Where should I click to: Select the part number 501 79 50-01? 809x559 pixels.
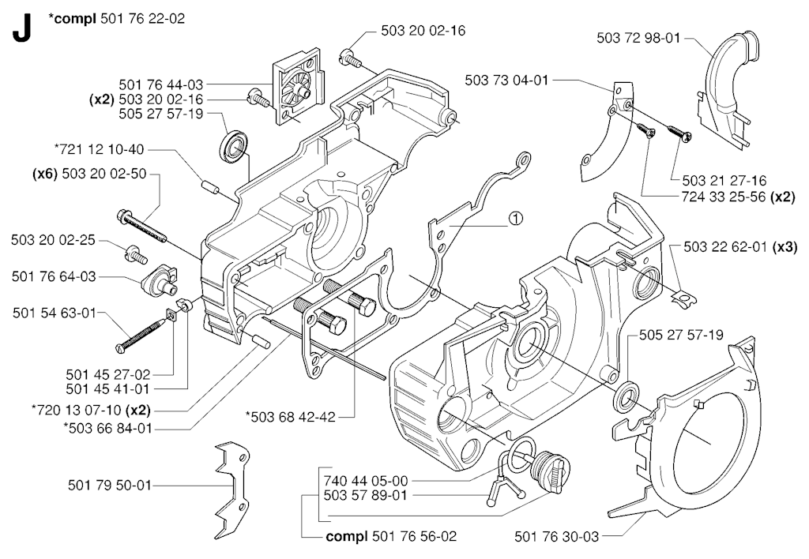109,485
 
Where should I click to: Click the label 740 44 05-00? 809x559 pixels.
365,479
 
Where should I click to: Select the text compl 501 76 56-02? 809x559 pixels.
391,537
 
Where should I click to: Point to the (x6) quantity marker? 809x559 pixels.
46,174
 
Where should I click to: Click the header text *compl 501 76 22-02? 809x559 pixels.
116,17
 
